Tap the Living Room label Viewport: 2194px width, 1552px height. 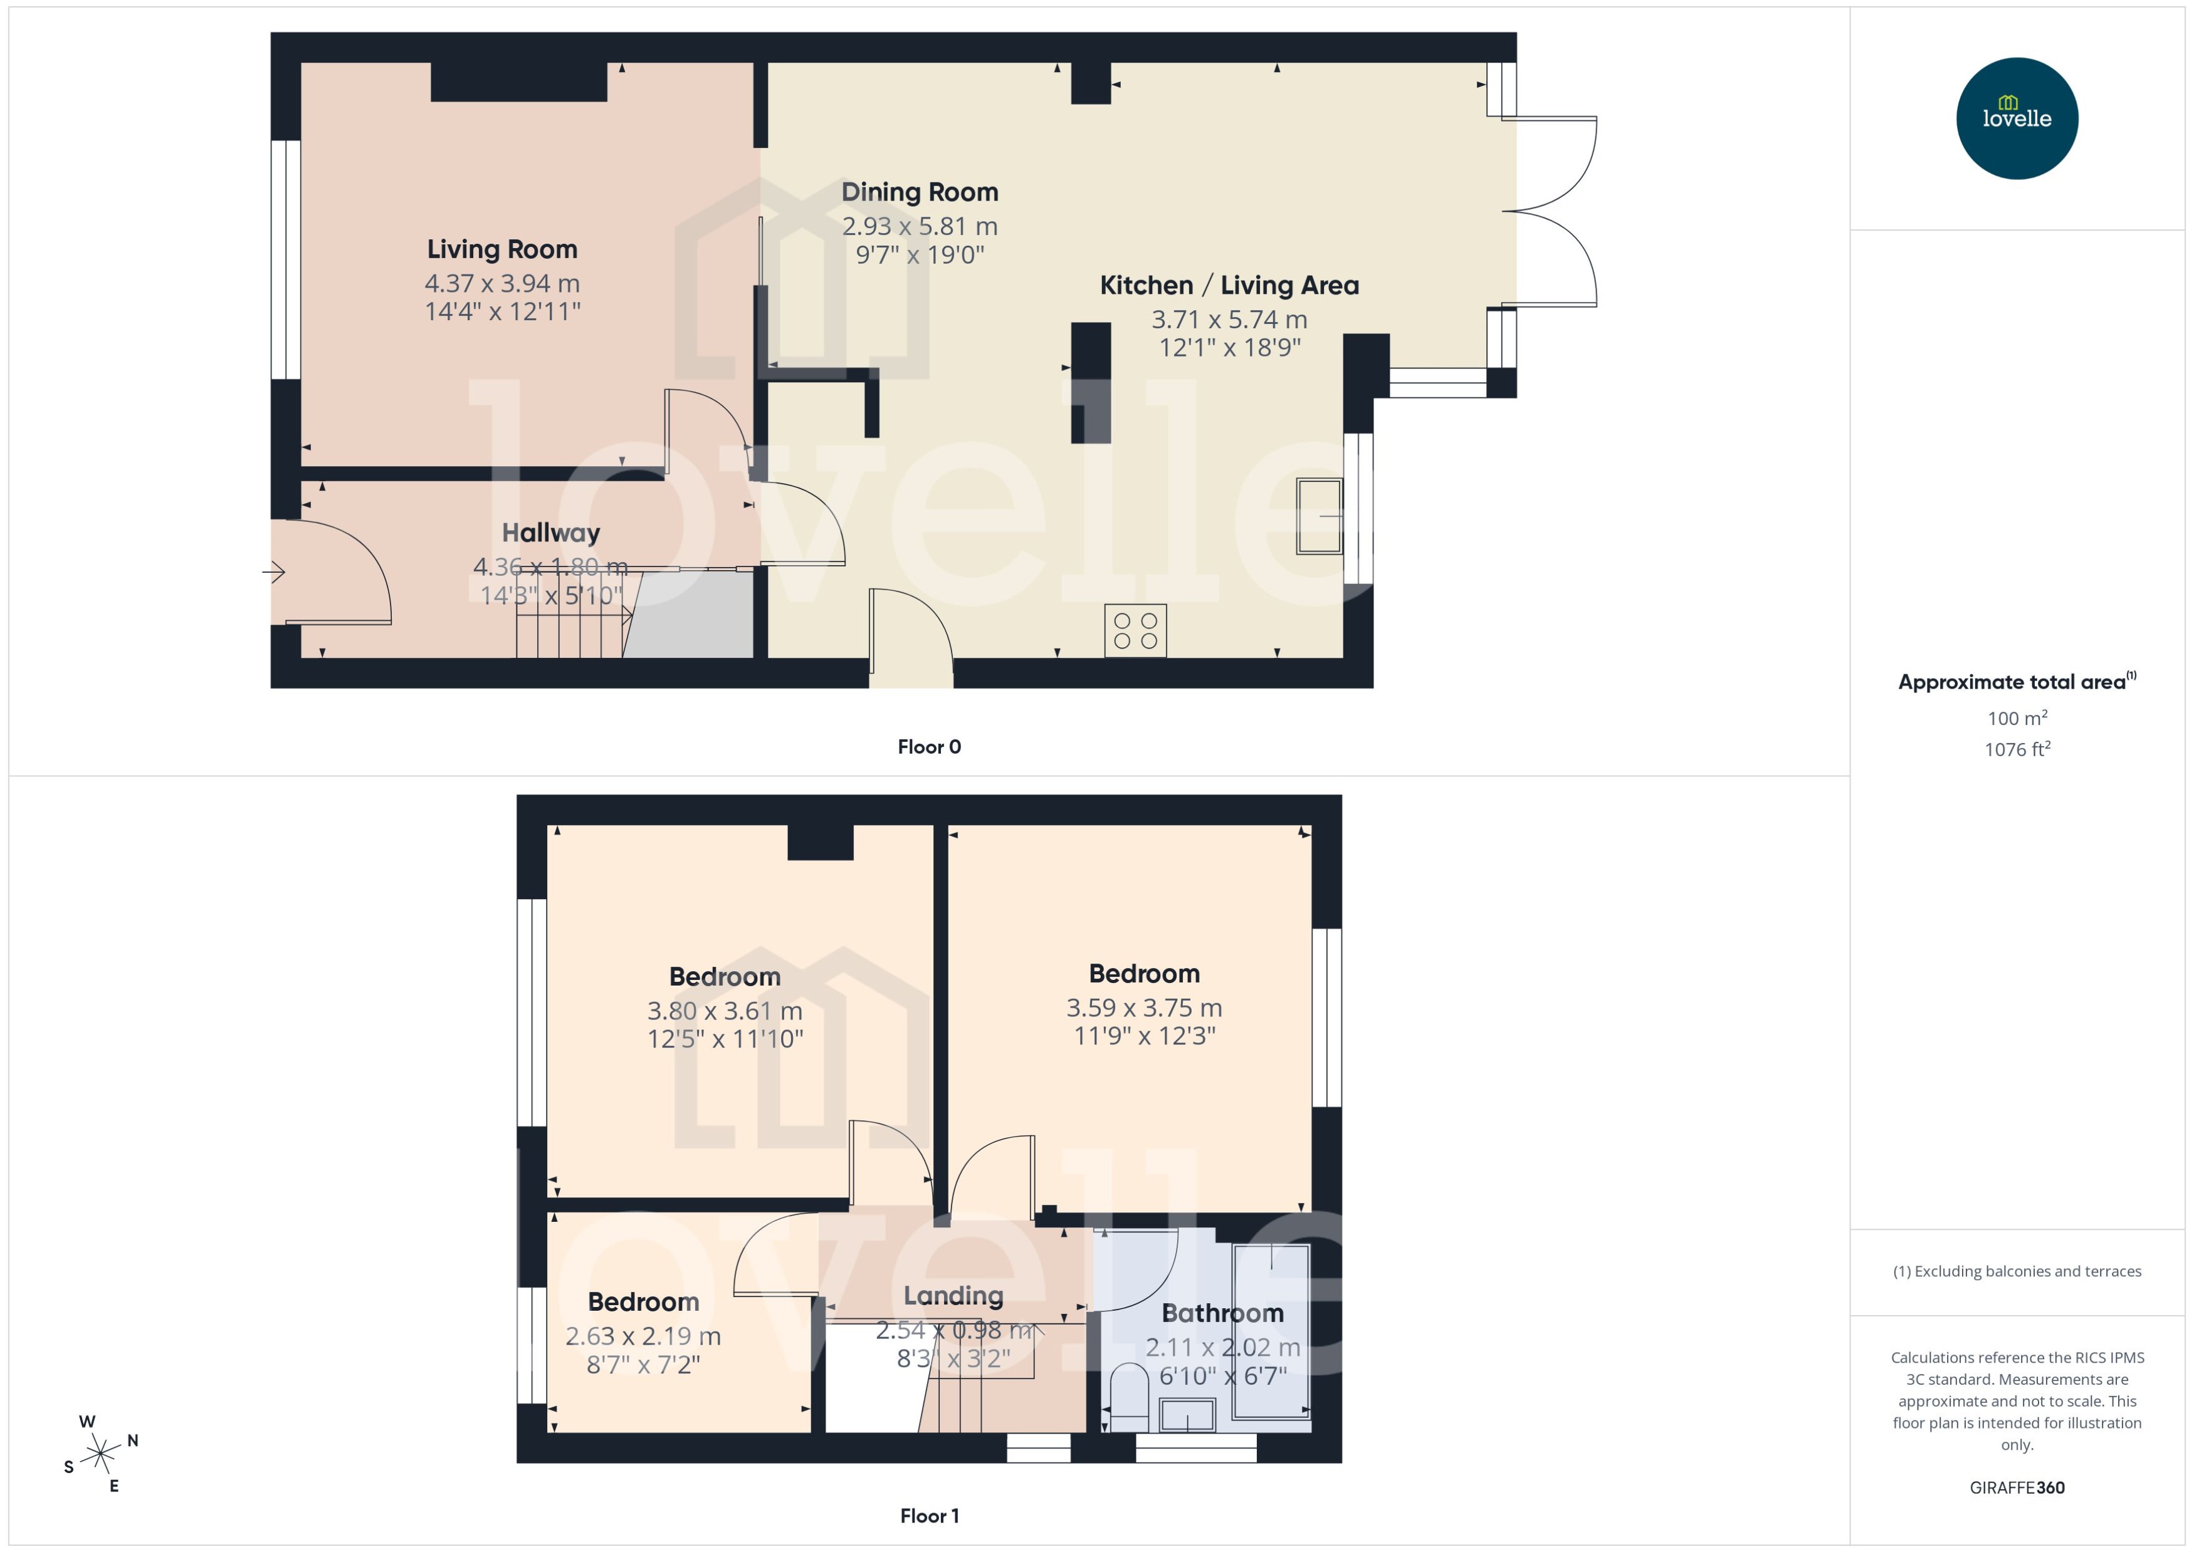click(502, 249)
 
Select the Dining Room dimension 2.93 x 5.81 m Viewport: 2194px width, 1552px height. click(919, 226)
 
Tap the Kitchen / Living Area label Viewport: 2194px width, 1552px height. click(1229, 286)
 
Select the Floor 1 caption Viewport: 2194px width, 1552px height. click(928, 1516)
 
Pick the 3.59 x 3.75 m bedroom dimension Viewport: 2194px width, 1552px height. click(1143, 1008)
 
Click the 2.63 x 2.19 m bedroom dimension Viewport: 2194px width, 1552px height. click(643, 1336)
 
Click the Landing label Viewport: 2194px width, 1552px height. click(953, 1296)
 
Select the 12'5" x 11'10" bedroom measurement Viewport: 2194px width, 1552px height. click(725, 1039)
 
